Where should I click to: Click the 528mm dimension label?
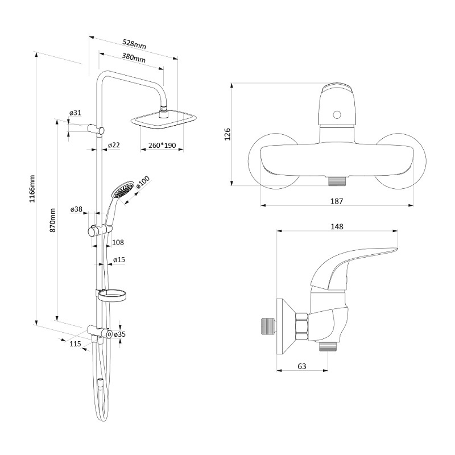[x=134, y=44]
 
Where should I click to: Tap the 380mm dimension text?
[x=134, y=57]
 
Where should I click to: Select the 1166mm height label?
[x=32, y=189]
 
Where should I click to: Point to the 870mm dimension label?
[x=52, y=220]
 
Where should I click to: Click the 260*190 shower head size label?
[x=162, y=145]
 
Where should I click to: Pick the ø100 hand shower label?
[x=143, y=183]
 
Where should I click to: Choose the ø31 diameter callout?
[x=75, y=113]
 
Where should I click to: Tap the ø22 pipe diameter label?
[x=114, y=145]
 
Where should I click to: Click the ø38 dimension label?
[x=76, y=209]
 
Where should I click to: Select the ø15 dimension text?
[x=119, y=260]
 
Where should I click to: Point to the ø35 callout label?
[x=119, y=334]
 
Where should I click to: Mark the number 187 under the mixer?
[x=337, y=201]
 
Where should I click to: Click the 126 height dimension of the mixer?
[x=227, y=134]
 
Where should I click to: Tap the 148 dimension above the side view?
[x=337, y=226]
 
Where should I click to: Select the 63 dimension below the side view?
[x=302, y=366]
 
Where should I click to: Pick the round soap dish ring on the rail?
[x=112, y=296]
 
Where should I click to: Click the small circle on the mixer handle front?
[x=337, y=114]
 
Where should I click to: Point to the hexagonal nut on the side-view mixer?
[x=301, y=326]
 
